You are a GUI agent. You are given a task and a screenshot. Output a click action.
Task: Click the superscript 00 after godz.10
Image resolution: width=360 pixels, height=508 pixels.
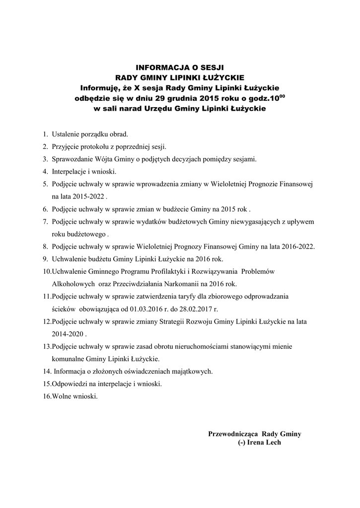(x=283, y=95)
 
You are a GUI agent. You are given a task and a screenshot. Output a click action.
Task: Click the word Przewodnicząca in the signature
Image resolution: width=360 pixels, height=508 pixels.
(x=232, y=434)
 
